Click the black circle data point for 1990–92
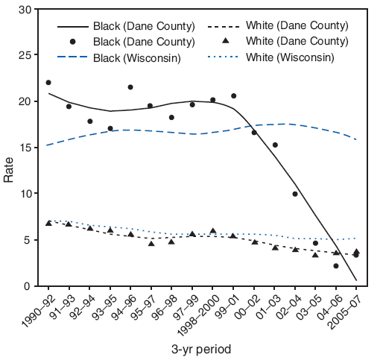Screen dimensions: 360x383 [x=48, y=83]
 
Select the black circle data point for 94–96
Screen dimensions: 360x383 [x=130, y=87]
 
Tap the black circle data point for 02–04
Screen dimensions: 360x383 [x=295, y=194]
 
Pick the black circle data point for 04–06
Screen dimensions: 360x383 [x=336, y=266]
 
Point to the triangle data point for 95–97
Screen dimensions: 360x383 [x=151, y=244]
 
